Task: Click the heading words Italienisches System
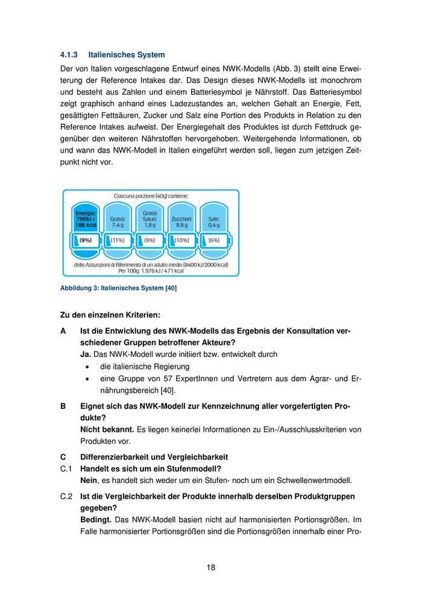click(x=122, y=55)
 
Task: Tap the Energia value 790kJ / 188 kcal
click(x=86, y=219)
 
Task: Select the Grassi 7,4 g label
click(x=118, y=222)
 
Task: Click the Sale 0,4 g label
click(x=213, y=222)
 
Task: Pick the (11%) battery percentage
click(x=117, y=240)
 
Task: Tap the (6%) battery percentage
click(x=213, y=240)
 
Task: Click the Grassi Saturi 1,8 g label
click(x=150, y=219)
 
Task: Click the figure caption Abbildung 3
click(x=118, y=288)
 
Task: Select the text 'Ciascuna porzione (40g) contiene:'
click(x=151, y=196)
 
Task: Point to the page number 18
click(x=210, y=567)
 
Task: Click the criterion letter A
click(x=63, y=331)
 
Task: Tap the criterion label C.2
click(x=66, y=496)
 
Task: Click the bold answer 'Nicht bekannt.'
click(x=107, y=429)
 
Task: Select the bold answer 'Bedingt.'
click(x=96, y=519)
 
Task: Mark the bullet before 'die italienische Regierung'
click(x=89, y=367)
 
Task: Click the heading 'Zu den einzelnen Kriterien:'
click(x=110, y=315)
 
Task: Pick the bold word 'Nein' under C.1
click(x=89, y=481)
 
